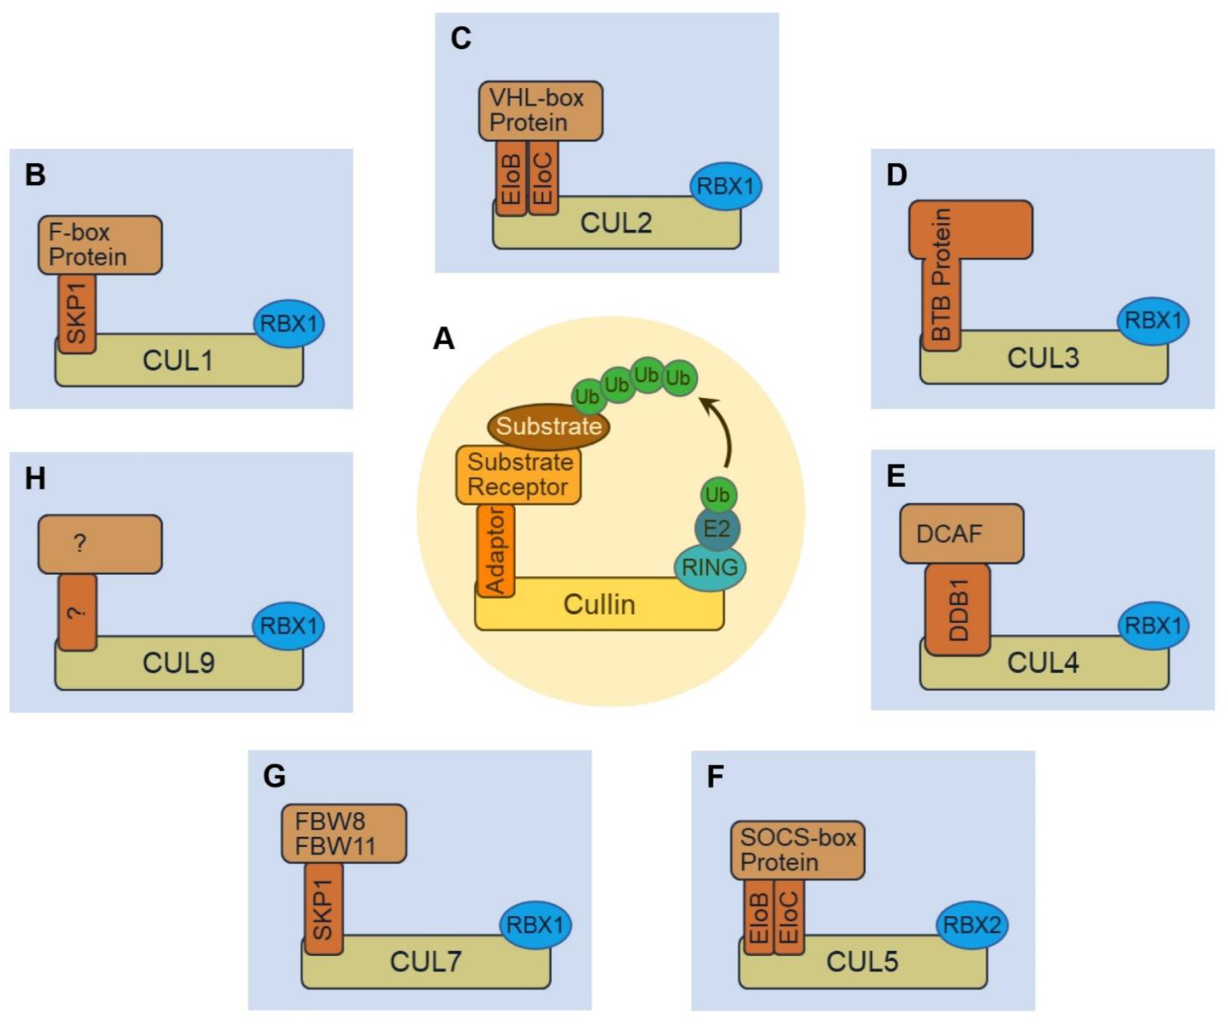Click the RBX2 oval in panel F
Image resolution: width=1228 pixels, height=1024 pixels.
pyautogui.click(x=971, y=925)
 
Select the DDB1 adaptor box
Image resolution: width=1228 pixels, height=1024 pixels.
pyautogui.click(x=957, y=609)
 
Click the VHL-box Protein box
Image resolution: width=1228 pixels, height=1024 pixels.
pyautogui.click(x=540, y=111)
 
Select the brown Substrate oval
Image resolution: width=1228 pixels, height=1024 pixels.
pyautogui.click(x=548, y=426)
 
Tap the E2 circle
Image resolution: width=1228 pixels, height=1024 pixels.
pyautogui.click(x=717, y=529)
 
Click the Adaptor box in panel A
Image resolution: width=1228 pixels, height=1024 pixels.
pyautogui.click(x=496, y=550)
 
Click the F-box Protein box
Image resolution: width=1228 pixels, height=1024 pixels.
pyautogui.click(x=100, y=245)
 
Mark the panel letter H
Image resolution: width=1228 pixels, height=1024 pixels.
pyautogui.click(x=35, y=479)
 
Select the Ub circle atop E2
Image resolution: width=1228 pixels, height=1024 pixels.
pyautogui.click(x=718, y=495)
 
